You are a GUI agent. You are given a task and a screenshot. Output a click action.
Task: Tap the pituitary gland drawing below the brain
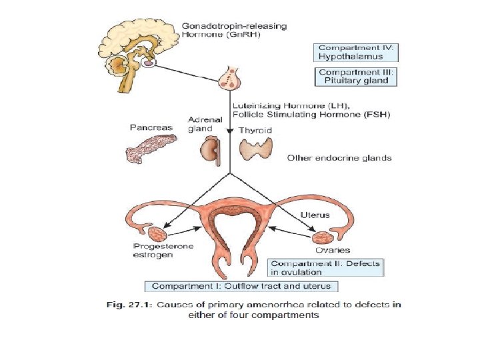(x=231, y=79)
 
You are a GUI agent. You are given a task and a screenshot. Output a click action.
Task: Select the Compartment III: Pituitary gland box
(x=357, y=77)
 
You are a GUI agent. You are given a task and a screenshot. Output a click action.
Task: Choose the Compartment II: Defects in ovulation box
(x=325, y=267)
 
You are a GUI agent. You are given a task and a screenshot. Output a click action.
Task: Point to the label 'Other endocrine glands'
(x=339, y=158)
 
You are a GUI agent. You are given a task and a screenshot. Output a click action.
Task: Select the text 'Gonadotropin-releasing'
(x=234, y=27)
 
